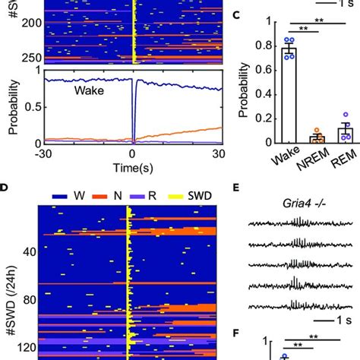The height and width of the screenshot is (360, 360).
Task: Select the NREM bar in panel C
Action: click(317, 139)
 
